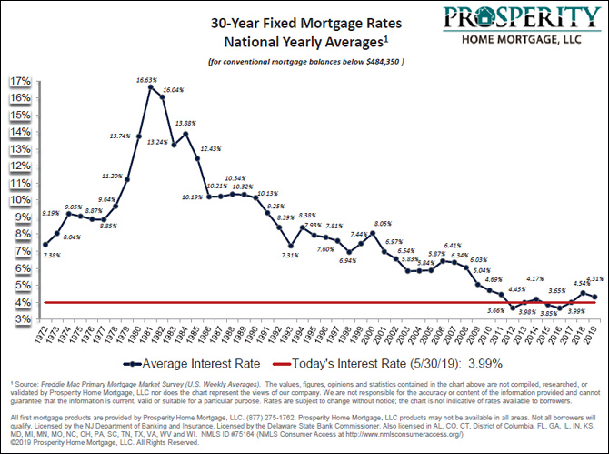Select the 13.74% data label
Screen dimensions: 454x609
(x=121, y=136)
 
